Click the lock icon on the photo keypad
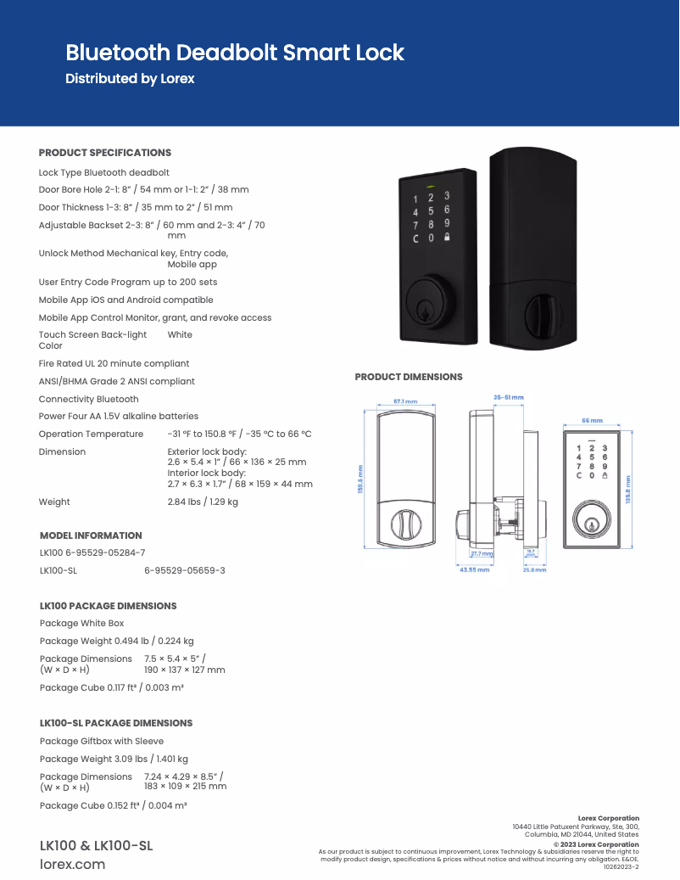447,238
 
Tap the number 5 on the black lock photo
431,211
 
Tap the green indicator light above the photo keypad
431,186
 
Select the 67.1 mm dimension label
405,401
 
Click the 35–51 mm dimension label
509,397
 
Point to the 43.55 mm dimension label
475,569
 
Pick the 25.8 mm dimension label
534,569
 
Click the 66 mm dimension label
591,420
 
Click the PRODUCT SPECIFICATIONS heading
105,153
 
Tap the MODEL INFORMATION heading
91,535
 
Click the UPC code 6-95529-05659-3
185,570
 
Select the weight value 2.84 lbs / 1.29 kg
203,502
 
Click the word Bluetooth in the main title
118,53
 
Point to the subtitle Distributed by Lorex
130,79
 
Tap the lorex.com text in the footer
73,865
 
